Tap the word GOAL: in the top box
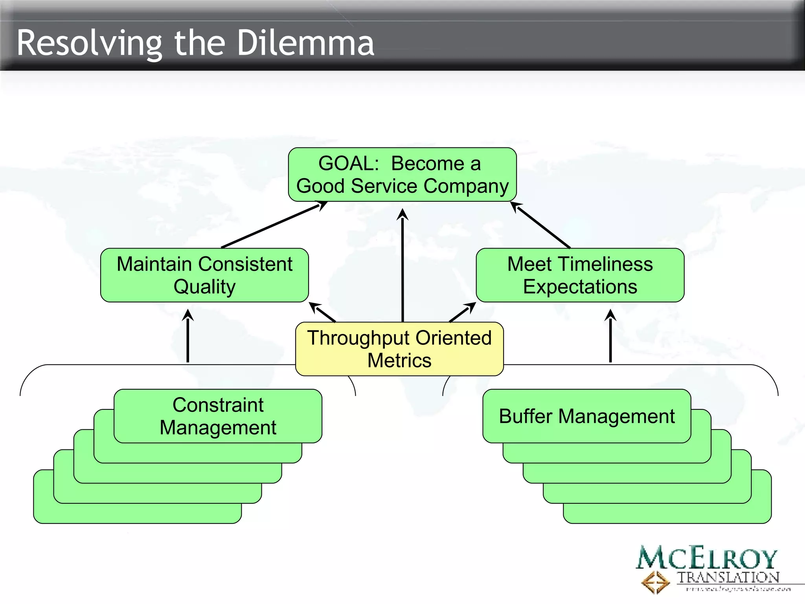point(348,164)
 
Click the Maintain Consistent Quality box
point(204,275)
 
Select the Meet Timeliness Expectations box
point(580,275)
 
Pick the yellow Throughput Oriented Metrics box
point(399,349)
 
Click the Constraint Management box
point(218,416)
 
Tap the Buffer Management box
point(586,416)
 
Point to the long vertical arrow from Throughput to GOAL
point(402,267)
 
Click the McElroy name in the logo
point(707,558)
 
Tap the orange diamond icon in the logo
point(655,582)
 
